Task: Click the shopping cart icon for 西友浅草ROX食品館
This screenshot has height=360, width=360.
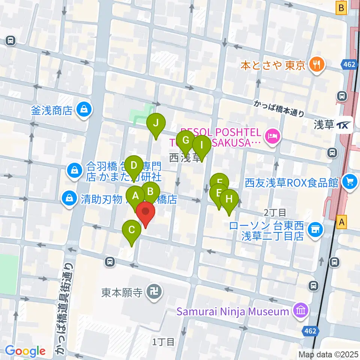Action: pos(349,182)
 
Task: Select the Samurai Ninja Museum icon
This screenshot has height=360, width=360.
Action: pos(301,311)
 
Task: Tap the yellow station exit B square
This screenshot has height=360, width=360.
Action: pos(341,7)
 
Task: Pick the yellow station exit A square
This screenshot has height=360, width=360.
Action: pos(341,222)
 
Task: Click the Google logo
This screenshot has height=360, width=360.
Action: pos(25,351)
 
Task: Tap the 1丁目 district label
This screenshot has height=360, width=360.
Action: pos(163,342)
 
